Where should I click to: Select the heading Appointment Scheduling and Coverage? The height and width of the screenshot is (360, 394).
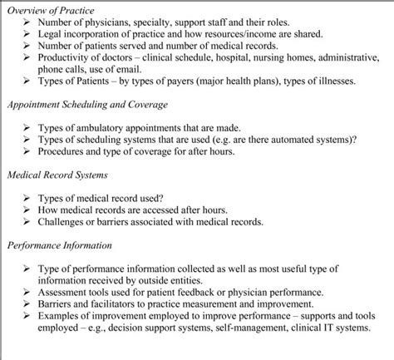pos(87,104)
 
